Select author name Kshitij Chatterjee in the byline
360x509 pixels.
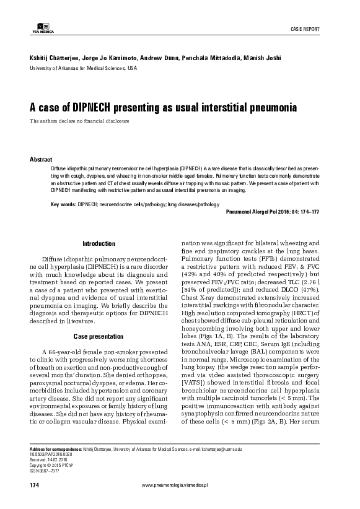[46, 57]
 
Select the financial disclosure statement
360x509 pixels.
[79, 120]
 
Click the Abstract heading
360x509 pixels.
[41, 159]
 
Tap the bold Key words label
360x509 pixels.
[63, 203]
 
